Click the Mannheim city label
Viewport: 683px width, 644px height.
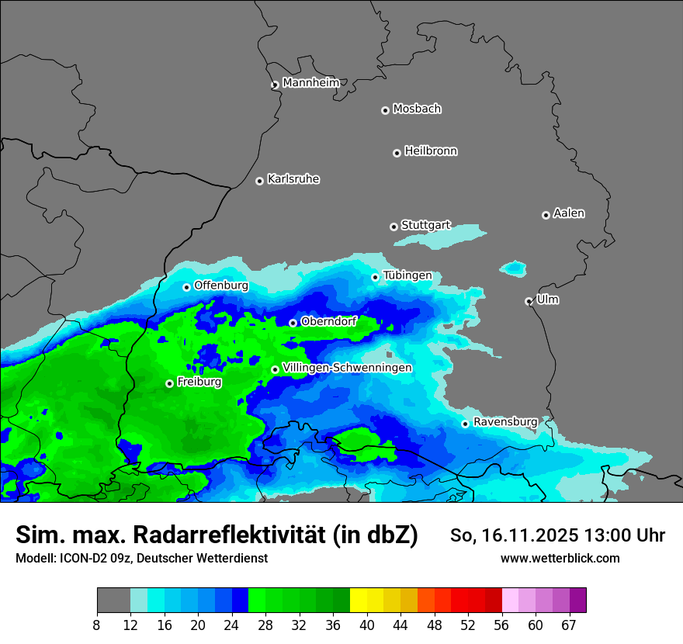tap(310, 83)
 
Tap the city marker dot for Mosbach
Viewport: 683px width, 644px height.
tap(385, 110)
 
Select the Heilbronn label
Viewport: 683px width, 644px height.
tap(431, 151)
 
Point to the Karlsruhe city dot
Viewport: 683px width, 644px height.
tap(259, 181)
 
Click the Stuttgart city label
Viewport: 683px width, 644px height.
tap(425, 225)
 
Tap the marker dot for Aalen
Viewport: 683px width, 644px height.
tap(546, 215)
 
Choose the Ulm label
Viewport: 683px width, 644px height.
tap(547, 299)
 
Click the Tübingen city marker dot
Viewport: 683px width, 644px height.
tap(375, 277)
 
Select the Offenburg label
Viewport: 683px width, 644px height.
tap(221, 286)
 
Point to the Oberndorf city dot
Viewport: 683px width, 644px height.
tap(293, 323)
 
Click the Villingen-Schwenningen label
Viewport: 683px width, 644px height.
tap(347, 368)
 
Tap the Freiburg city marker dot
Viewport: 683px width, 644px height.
tap(169, 383)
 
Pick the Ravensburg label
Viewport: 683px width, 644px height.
tap(504, 422)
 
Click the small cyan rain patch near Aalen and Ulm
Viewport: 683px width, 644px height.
tap(513, 268)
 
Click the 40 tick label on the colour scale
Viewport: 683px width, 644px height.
tap(366, 625)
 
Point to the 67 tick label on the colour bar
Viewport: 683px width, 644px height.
tap(569, 625)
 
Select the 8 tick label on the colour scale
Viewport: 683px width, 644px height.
tap(97, 625)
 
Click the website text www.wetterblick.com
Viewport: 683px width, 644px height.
tap(560, 558)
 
